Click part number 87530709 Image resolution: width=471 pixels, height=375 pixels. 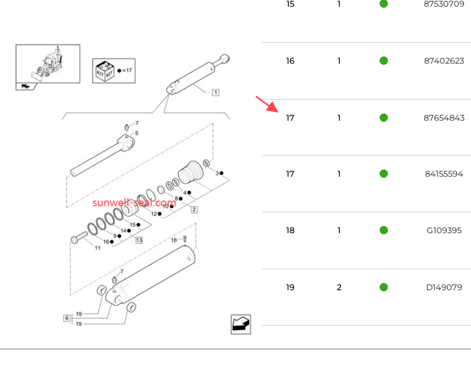click(444, 4)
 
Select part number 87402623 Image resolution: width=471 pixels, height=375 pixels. click(444, 61)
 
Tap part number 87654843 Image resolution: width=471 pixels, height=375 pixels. click(444, 118)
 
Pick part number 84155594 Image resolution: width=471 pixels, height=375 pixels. click(444, 174)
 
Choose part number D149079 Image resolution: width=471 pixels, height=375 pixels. click(444, 288)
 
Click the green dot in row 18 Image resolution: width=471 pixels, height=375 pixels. click(384, 230)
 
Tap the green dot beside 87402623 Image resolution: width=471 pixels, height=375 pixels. click(384, 61)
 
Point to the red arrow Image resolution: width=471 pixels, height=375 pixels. click(266, 104)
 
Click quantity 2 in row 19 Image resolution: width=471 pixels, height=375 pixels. click(339, 288)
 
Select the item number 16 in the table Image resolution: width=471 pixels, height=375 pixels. click(291, 61)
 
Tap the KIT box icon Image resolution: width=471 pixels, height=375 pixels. click(104, 70)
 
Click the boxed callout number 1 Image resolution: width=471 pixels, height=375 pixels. click(215, 93)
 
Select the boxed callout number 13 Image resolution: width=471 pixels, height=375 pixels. click(139, 239)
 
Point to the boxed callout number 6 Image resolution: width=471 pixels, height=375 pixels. click(67, 318)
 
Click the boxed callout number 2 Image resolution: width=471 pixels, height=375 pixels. click(194, 209)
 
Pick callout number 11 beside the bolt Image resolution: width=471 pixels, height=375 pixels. click(97, 248)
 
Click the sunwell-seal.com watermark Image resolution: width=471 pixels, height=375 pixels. click(134, 202)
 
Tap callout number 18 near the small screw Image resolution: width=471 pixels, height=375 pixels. click(174, 240)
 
